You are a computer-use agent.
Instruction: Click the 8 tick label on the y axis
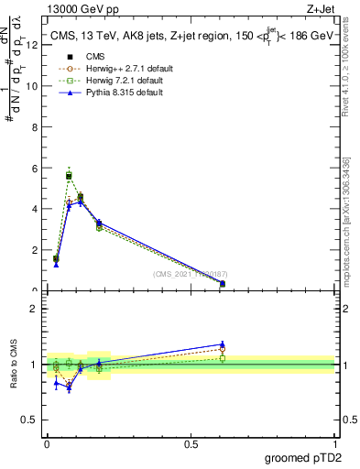(33, 127)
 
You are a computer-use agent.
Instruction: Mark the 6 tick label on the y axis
(33, 169)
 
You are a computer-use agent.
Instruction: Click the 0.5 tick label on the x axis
(191, 444)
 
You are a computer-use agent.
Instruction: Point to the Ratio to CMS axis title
(14, 365)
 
